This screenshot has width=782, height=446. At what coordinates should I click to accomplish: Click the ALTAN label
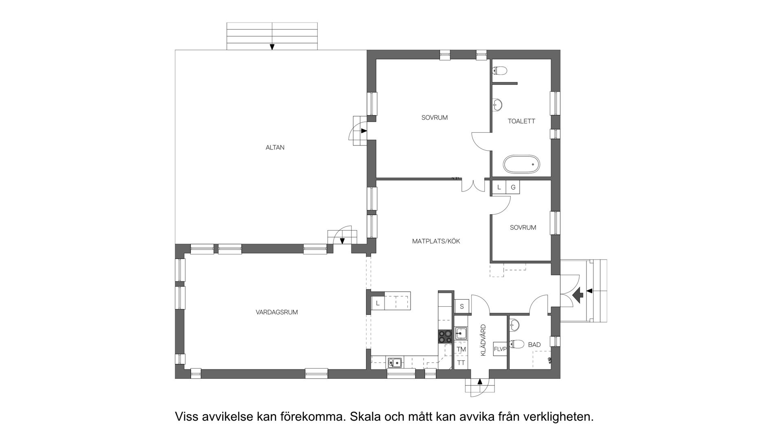(275, 147)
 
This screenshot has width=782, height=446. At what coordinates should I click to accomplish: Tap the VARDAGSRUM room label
(277, 312)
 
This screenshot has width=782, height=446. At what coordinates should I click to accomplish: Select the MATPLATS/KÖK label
(436, 241)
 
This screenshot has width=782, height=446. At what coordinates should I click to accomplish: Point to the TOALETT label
(521, 121)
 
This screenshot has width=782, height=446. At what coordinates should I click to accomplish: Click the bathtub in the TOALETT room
(521, 165)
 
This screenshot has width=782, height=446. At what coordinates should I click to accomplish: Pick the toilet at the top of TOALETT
(500, 71)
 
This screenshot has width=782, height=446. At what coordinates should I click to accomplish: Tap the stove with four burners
(445, 336)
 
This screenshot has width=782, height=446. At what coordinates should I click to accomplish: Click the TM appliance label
(461, 349)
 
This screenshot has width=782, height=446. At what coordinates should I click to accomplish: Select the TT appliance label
(461, 363)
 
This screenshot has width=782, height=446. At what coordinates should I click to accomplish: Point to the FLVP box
(500, 349)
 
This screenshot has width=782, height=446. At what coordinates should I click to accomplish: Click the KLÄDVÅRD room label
(483, 340)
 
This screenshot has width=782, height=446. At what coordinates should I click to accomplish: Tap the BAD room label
(534, 345)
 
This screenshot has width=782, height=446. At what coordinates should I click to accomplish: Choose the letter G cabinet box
(513, 187)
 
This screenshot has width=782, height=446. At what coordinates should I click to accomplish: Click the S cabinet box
(462, 306)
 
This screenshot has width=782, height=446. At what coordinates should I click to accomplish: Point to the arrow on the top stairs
(272, 47)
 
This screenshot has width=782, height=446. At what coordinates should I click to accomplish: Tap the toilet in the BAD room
(517, 344)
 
